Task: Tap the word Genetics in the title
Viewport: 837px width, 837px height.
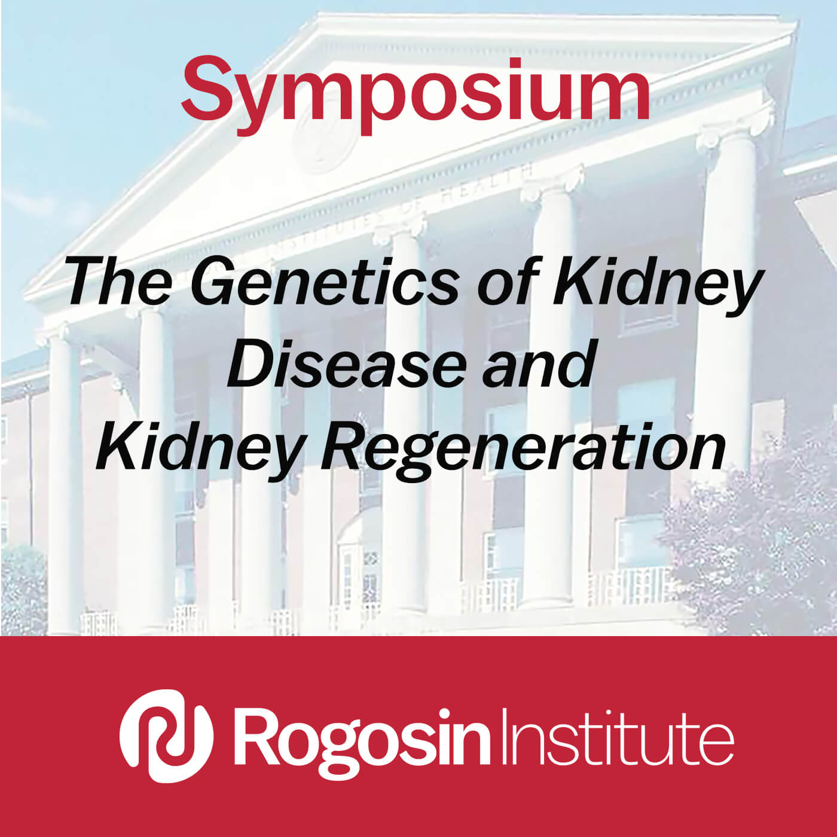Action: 324,281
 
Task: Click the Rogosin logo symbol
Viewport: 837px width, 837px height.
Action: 166,736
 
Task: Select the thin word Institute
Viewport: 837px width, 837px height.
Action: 617,736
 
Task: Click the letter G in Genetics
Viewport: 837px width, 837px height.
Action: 215,281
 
